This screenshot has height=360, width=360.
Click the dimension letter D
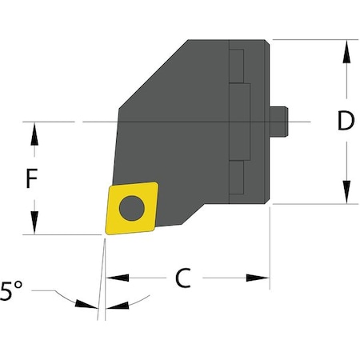pyautogui.click(x=345, y=122)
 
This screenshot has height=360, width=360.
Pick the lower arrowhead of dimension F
pyautogui.click(x=33, y=225)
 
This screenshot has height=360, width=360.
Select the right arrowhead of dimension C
pyautogui.click(x=259, y=278)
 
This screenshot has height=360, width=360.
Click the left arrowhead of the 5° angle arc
pyautogui.click(x=84, y=303)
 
